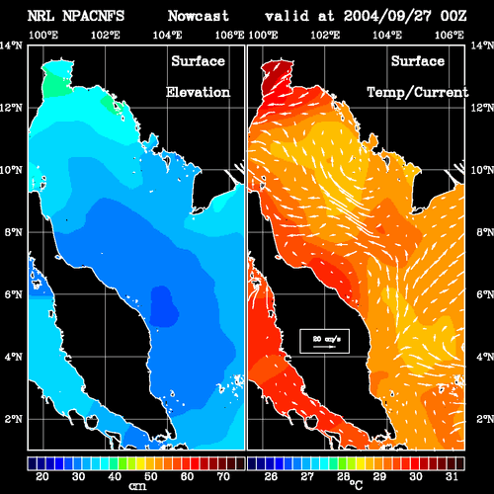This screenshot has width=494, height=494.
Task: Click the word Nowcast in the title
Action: coord(199,16)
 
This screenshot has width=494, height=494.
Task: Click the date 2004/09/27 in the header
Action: coord(387,16)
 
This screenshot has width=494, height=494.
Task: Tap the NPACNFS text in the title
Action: coord(93,16)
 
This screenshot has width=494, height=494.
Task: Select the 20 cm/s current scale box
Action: coord(324,341)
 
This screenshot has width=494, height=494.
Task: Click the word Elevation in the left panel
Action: coord(198,92)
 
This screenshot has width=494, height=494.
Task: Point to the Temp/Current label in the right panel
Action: coord(418,92)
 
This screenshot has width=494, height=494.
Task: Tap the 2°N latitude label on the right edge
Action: coord(485,419)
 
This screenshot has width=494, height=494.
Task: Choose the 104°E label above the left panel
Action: coord(167,35)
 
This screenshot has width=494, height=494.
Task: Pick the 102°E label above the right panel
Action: coord(325,35)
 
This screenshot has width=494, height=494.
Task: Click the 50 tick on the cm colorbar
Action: coord(151,476)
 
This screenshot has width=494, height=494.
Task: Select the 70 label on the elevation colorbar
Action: coord(223,476)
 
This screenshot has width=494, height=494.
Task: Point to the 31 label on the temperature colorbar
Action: coord(452,476)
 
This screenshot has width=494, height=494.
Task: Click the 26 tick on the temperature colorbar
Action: coord(271,476)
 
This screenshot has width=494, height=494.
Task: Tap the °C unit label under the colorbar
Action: coord(356,484)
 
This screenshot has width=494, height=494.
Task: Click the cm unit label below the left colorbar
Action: coord(137,486)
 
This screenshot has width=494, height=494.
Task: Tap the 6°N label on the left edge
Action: coord(13,294)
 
